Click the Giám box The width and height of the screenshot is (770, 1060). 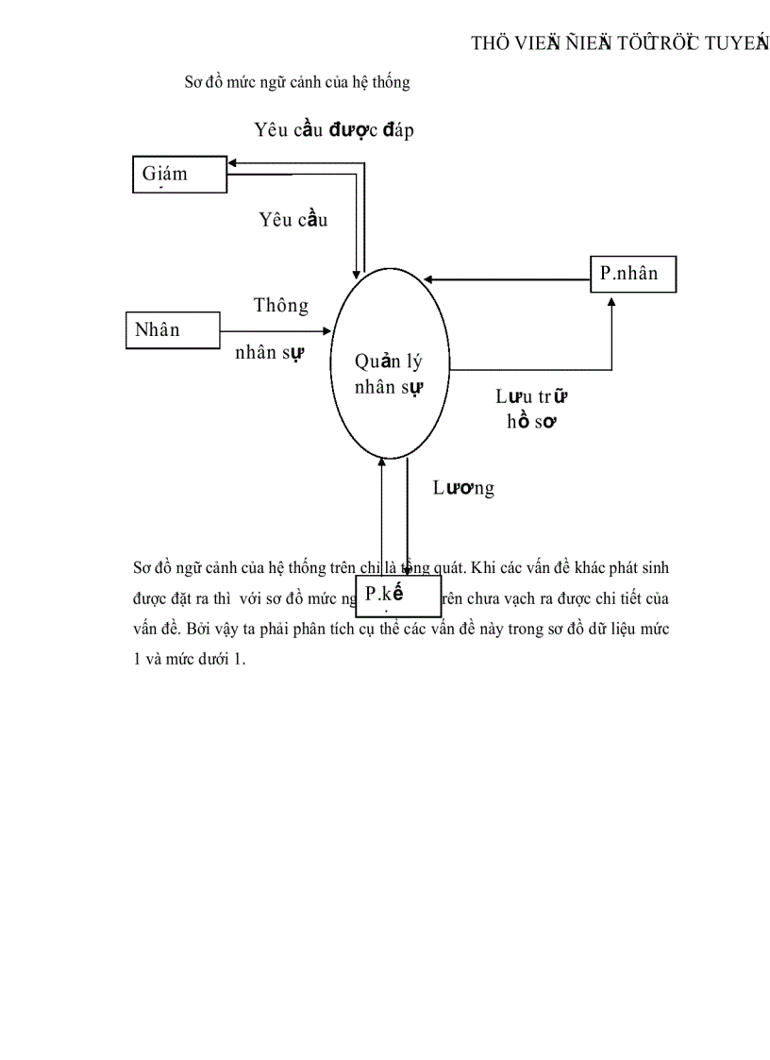[x=179, y=175]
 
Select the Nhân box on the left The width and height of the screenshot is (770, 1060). [x=173, y=330]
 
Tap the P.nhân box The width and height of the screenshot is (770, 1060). [x=633, y=275]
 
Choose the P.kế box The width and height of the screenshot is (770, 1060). [x=397, y=596]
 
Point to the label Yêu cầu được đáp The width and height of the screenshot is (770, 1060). [x=334, y=130]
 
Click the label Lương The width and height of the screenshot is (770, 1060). [x=463, y=488]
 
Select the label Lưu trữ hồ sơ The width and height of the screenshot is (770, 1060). [x=530, y=410]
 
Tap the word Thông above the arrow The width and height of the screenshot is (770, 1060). [x=280, y=306]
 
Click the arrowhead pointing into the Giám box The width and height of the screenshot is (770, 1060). [x=233, y=162]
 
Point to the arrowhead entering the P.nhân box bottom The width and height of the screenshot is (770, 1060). [x=611, y=299]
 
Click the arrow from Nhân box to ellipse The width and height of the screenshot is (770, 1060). [x=274, y=331]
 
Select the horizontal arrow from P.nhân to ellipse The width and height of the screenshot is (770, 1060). [x=506, y=279]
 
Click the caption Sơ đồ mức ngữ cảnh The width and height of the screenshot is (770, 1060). [x=296, y=83]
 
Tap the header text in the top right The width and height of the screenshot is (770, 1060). [x=619, y=43]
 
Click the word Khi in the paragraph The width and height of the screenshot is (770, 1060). [x=476, y=568]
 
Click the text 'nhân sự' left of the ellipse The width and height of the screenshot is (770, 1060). [x=269, y=353]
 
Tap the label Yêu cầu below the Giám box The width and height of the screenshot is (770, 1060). [x=293, y=220]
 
